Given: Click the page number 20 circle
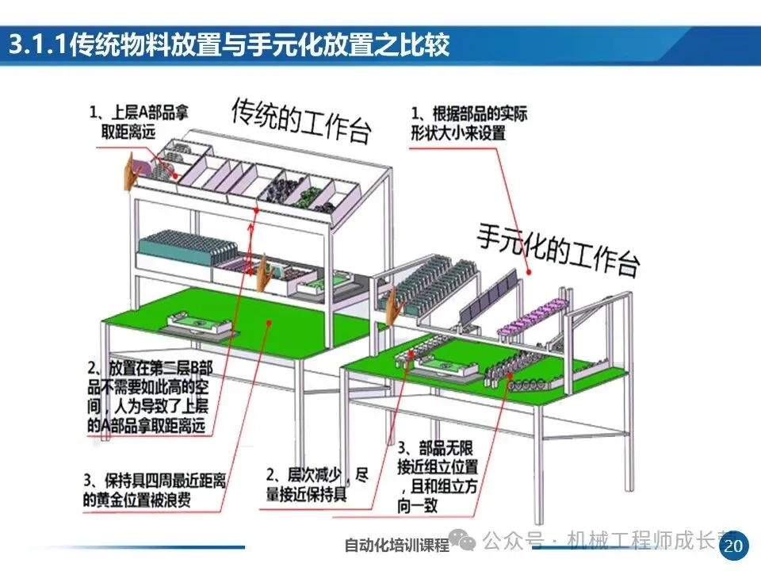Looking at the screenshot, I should point(734,545).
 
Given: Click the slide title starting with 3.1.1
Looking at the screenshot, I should point(229,45).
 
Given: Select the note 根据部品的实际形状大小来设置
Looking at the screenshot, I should point(468,123).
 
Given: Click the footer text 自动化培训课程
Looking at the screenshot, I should point(396,546).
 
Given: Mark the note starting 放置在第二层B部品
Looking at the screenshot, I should point(151,397).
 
